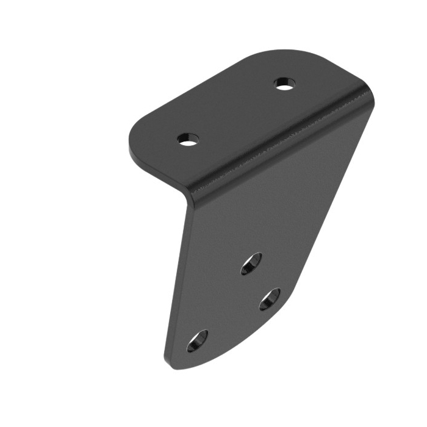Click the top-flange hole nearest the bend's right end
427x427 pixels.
[284, 84]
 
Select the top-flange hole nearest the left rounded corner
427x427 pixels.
[189, 139]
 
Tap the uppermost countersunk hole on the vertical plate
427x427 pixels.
[251, 264]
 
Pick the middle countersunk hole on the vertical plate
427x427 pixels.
[270, 299]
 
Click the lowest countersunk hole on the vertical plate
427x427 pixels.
[197, 341]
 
